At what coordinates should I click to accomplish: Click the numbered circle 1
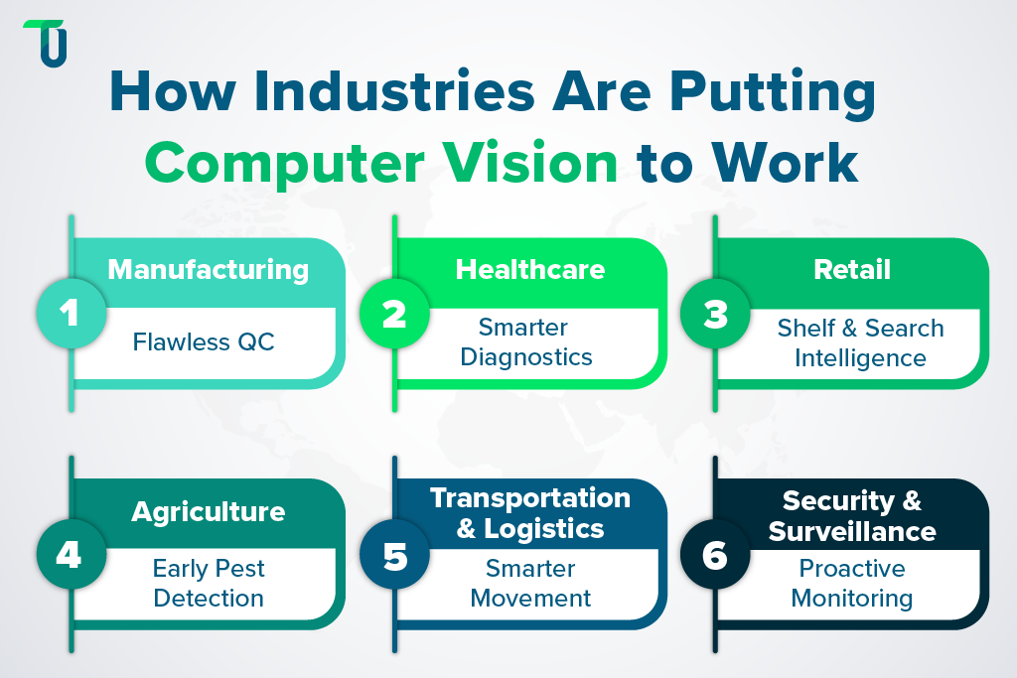(x=70, y=313)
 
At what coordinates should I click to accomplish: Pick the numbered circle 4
(x=70, y=554)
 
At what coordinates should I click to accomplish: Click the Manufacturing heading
(x=209, y=269)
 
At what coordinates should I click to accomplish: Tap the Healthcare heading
(x=530, y=269)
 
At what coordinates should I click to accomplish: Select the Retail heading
(x=852, y=269)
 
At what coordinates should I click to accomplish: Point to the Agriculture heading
(x=209, y=511)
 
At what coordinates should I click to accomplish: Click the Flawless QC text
(x=204, y=342)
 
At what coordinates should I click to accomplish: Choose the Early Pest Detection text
(x=209, y=584)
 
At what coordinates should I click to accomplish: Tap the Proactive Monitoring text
(x=852, y=584)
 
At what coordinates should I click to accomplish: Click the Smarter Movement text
(x=530, y=584)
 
